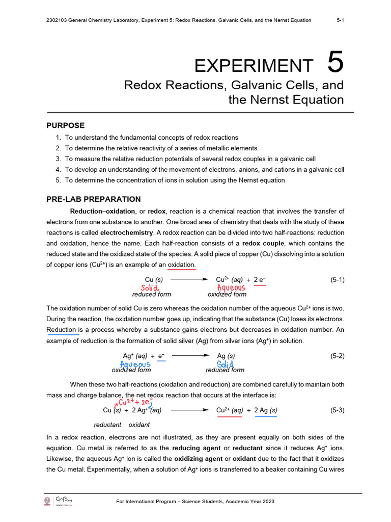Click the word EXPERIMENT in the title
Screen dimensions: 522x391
click(x=254, y=65)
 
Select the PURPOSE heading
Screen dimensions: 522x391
click(x=66, y=125)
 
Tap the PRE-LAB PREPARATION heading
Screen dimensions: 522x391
click(x=94, y=199)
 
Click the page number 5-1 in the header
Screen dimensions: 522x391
click(x=340, y=20)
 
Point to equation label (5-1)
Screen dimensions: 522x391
click(x=338, y=279)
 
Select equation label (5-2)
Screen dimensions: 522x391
click(x=338, y=355)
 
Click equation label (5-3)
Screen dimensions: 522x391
click(x=338, y=410)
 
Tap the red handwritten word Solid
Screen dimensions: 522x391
click(x=150, y=289)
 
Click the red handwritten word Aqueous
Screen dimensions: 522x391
click(x=231, y=288)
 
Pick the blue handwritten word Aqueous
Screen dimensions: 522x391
click(x=135, y=364)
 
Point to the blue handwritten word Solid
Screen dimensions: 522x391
click(x=225, y=364)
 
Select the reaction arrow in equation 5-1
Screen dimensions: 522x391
click(x=189, y=279)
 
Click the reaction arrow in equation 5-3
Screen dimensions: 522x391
click(x=189, y=410)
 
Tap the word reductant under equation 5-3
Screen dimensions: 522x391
click(x=107, y=425)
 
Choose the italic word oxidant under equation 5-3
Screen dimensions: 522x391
click(x=139, y=425)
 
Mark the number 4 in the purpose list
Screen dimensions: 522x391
click(x=59, y=169)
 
